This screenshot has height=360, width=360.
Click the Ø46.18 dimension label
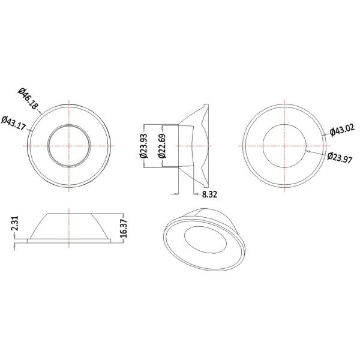click(x=28, y=98)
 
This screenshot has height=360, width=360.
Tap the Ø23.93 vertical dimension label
click(x=144, y=145)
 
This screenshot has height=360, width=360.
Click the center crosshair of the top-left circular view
click(x=70, y=146)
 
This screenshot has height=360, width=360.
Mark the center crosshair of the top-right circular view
click(x=286, y=146)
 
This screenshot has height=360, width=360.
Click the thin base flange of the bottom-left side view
click(x=70, y=241)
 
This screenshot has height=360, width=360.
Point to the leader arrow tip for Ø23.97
click(x=306, y=151)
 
